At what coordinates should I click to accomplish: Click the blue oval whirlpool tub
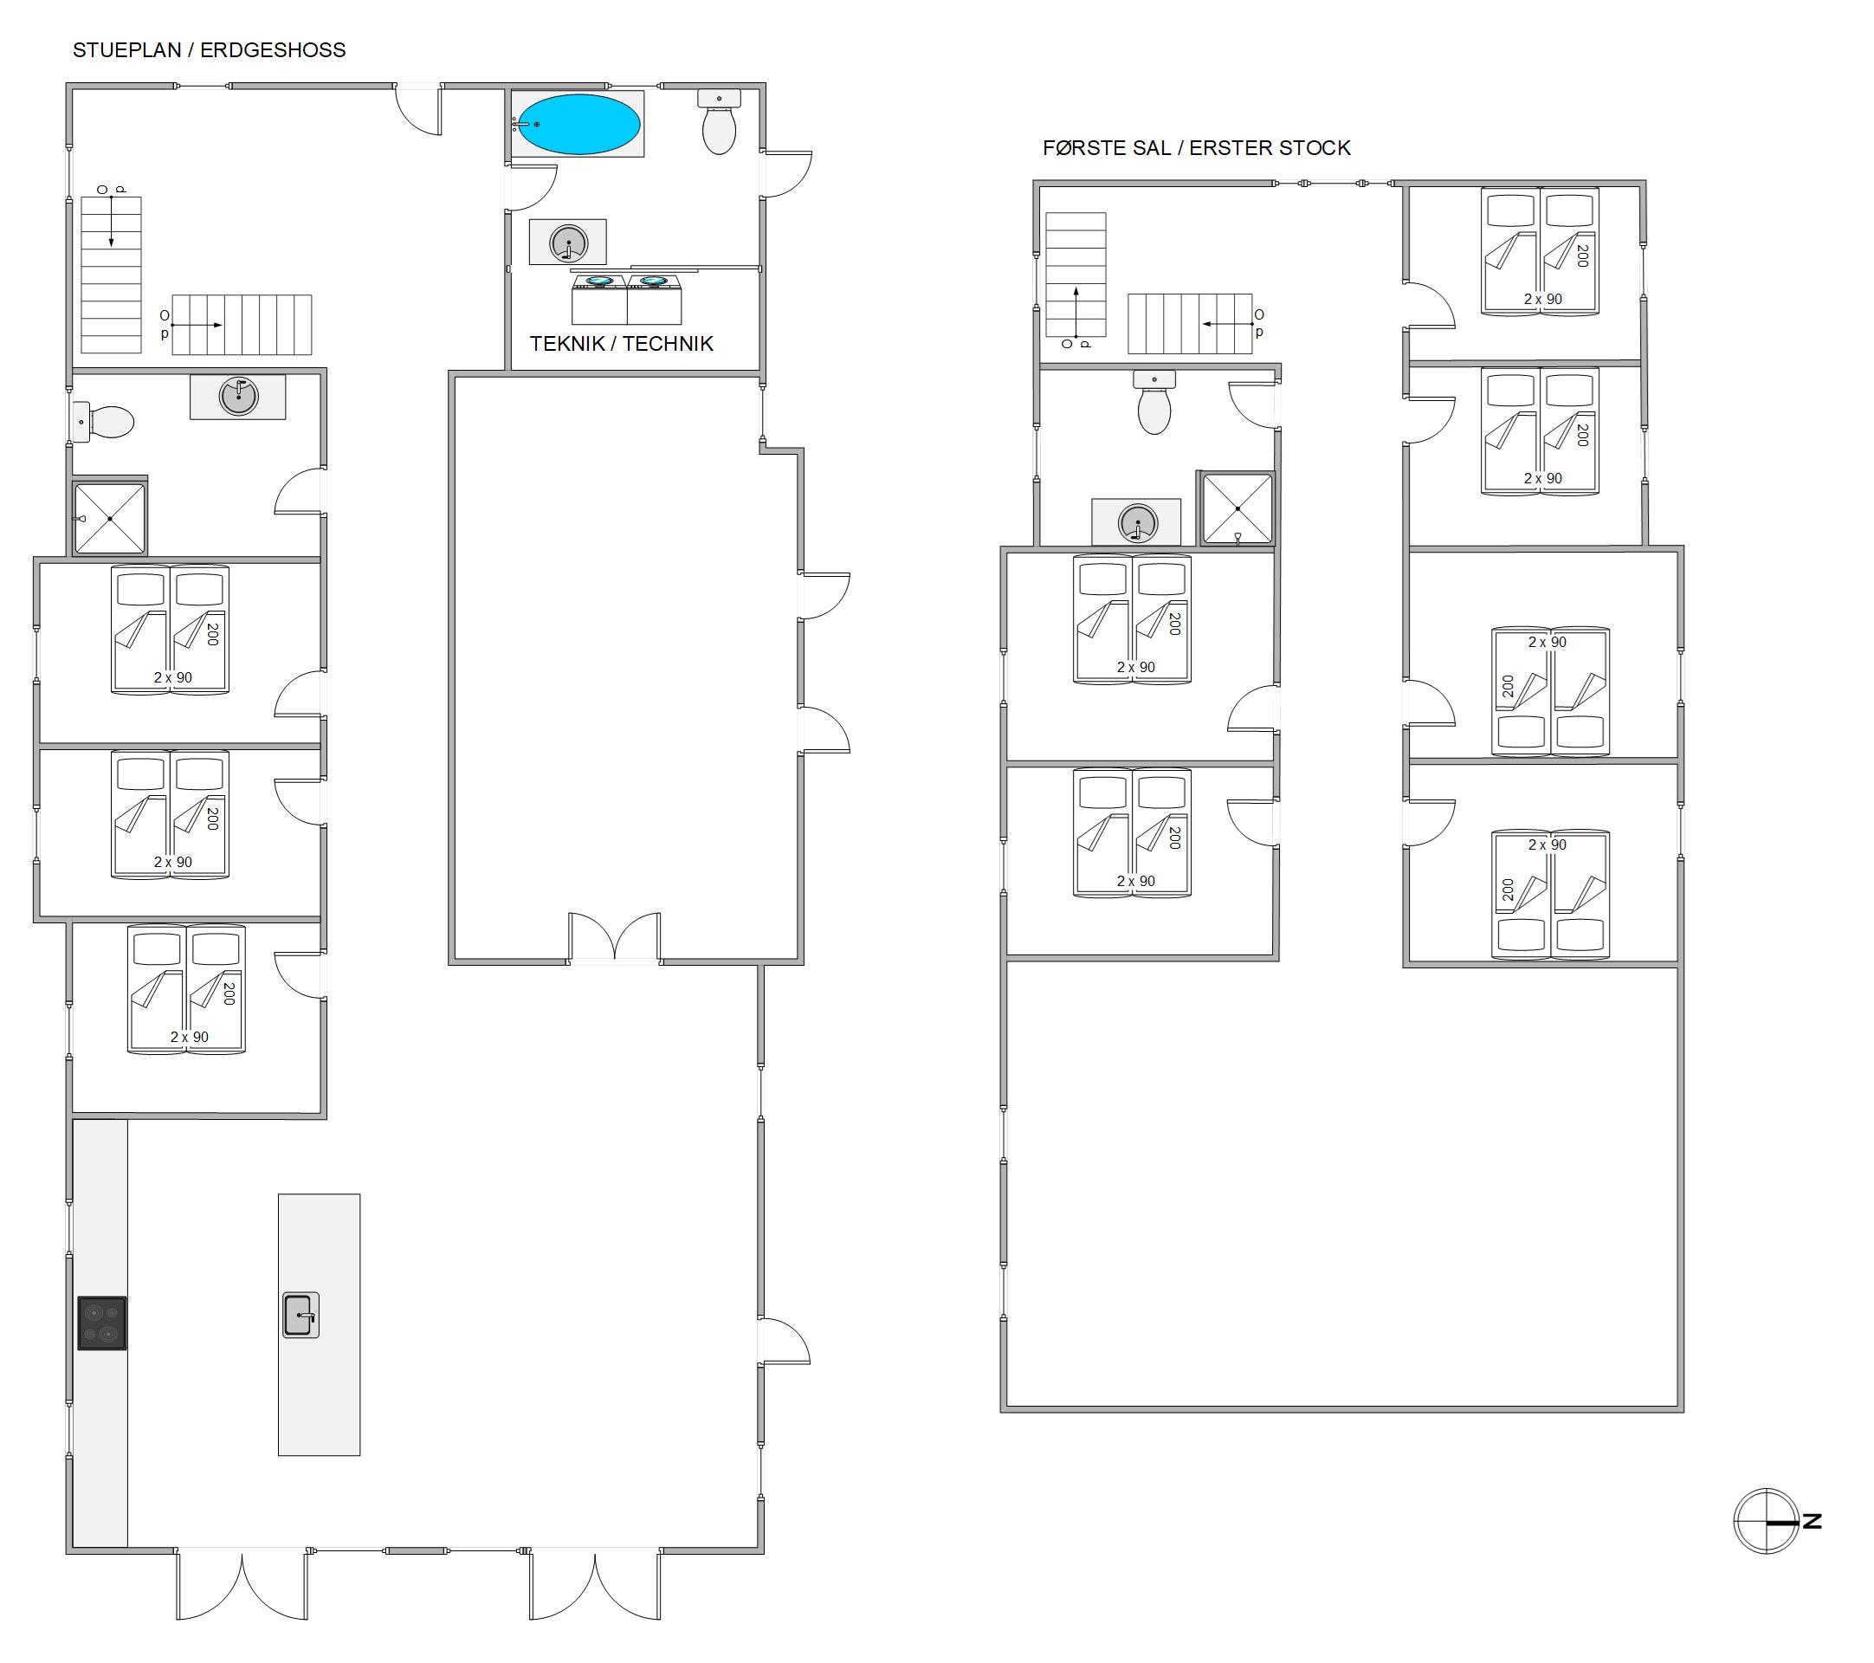(x=579, y=125)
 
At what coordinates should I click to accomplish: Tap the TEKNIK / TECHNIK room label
(x=622, y=344)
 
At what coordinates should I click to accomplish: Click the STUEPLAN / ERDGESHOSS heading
(x=209, y=50)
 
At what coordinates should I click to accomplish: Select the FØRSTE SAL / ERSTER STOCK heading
(x=1197, y=147)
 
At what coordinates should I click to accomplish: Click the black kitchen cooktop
(x=102, y=1323)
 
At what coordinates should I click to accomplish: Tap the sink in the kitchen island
(x=300, y=1316)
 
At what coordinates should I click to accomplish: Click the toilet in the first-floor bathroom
(x=1154, y=403)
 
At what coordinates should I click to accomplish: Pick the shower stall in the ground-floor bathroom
(x=109, y=519)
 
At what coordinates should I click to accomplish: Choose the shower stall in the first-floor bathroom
(x=1237, y=508)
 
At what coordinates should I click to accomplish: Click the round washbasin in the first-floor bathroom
(x=1138, y=523)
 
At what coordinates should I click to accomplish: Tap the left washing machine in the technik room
(x=599, y=299)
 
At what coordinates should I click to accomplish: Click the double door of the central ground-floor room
(x=614, y=937)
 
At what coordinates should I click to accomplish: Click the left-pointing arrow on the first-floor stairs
(x=1229, y=325)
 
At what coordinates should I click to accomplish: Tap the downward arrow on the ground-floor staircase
(x=112, y=221)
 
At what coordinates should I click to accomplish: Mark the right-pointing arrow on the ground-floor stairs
(x=197, y=326)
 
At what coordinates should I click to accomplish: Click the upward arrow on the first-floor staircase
(x=1076, y=313)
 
